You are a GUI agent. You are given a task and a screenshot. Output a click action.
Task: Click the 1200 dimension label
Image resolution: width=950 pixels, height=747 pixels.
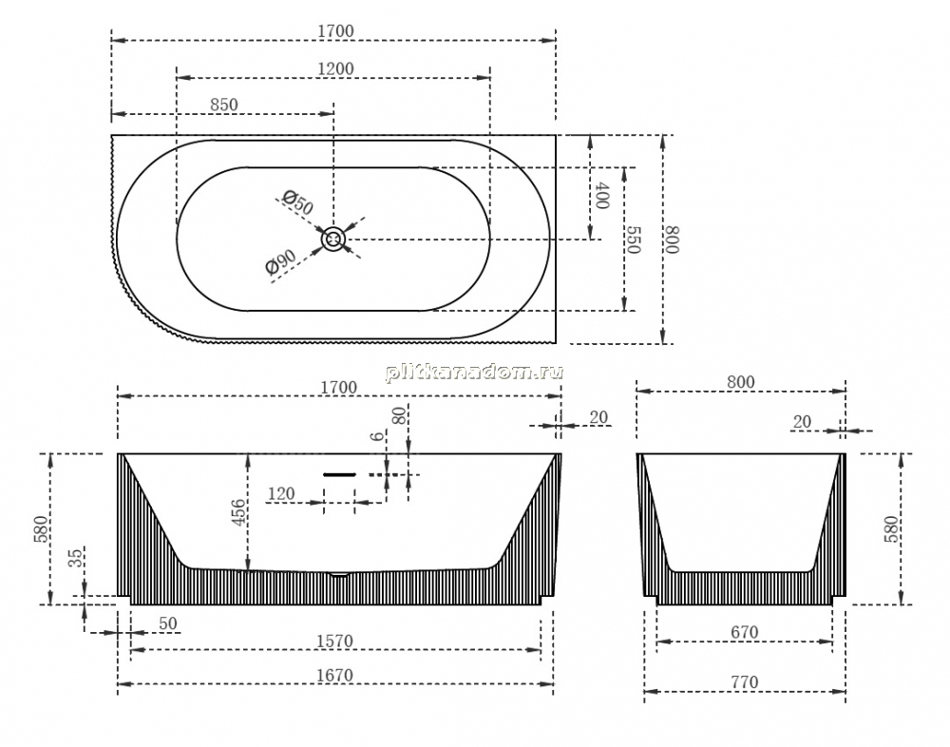[x=335, y=68]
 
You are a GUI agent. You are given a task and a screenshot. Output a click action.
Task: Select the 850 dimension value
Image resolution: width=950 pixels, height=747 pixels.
[x=224, y=105]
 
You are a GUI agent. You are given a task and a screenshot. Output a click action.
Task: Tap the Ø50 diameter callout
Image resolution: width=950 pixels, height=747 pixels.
[x=298, y=202]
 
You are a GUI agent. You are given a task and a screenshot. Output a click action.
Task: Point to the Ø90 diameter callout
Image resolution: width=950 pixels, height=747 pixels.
[x=280, y=262]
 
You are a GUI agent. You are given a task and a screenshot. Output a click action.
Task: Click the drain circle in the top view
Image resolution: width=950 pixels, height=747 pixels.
[x=332, y=239]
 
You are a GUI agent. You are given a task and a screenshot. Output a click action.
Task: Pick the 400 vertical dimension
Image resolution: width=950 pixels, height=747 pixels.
[x=601, y=195]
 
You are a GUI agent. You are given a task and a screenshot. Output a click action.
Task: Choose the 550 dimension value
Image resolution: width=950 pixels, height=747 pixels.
[x=633, y=240]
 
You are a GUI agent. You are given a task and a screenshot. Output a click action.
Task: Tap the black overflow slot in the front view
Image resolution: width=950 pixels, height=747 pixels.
[x=339, y=475]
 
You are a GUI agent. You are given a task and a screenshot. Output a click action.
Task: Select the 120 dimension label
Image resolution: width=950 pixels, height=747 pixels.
[x=281, y=494]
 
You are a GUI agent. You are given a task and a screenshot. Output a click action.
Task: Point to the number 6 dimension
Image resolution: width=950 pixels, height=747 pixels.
[x=378, y=436]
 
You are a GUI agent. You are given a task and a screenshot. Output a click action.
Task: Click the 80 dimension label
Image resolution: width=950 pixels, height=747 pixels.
[x=399, y=415]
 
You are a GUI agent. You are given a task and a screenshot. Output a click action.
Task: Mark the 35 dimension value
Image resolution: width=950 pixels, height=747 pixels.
[x=76, y=557]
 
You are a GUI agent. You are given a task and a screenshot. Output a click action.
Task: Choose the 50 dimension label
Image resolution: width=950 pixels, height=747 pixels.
[x=168, y=623]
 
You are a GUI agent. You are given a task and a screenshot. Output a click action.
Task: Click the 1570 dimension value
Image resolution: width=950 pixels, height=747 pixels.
[x=334, y=641]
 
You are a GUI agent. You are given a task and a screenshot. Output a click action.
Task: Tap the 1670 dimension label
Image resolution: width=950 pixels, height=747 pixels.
[x=334, y=675]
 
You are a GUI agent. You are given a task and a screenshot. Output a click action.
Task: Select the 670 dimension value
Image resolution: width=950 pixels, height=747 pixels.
[x=745, y=632]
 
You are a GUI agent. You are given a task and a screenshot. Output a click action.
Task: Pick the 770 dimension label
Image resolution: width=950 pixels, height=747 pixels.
[x=745, y=682]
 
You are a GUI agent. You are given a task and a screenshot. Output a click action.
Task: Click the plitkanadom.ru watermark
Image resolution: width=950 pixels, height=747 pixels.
[x=474, y=372]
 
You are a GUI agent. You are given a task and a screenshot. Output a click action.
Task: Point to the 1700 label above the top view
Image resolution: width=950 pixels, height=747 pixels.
[x=335, y=30]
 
